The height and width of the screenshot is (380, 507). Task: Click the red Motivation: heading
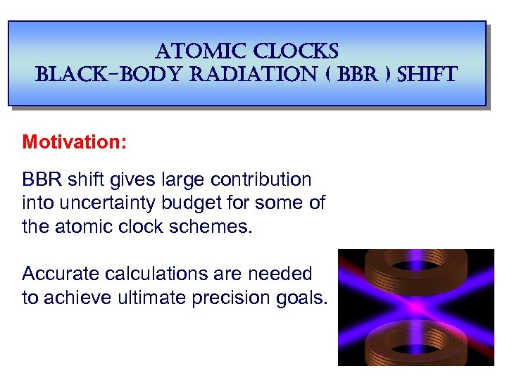(75, 142)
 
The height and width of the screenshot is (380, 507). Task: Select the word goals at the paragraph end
(306, 297)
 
